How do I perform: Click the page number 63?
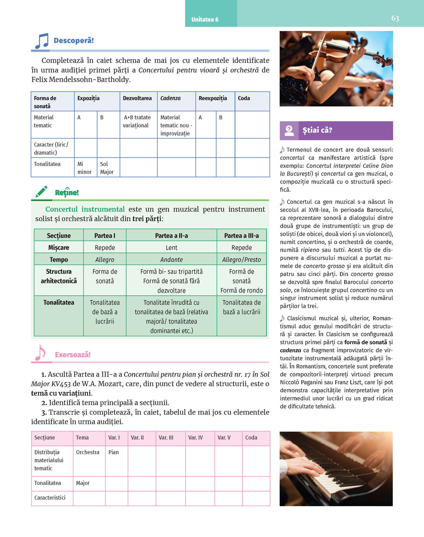click(x=395, y=18)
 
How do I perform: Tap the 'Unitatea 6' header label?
click(x=205, y=19)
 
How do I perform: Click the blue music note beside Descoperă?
click(x=42, y=41)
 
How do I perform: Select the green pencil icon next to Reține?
click(x=41, y=192)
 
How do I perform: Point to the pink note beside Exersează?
click(x=40, y=353)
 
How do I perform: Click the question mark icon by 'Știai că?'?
click(x=289, y=130)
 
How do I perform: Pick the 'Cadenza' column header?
click(x=170, y=98)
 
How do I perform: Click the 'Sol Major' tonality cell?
click(x=107, y=168)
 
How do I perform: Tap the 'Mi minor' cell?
click(x=84, y=168)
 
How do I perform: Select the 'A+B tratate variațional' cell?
click(x=137, y=122)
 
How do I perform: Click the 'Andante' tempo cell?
click(x=171, y=260)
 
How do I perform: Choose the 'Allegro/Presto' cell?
click(x=241, y=260)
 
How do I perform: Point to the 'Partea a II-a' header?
click(x=171, y=235)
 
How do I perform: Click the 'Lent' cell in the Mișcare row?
click(x=171, y=248)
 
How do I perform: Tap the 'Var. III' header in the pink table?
click(x=166, y=437)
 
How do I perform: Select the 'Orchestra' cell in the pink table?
click(x=88, y=452)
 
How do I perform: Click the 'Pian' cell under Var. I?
click(x=114, y=452)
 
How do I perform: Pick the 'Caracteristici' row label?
click(x=50, y=498)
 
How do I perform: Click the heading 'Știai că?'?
click(x=317, y=130)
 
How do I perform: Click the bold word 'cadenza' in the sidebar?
click(x=290, y=350)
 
